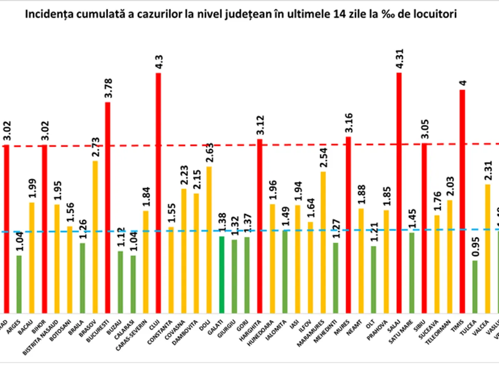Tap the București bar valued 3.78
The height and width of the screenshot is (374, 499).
(108, 207)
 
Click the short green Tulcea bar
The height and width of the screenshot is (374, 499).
(475, 287)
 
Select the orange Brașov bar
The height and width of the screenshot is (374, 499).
(95, 237)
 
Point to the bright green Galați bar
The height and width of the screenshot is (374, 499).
(222, 275)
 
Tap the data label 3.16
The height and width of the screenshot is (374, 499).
(348, 123)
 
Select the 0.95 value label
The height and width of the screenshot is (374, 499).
(475, 247)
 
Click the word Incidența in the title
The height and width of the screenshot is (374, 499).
(45, 14)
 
